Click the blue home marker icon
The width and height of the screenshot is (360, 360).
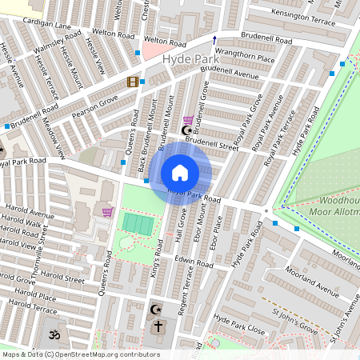pos(180,173)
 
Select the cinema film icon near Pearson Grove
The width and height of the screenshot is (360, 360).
pos(133,82)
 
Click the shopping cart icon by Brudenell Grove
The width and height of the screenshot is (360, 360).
pos(188,119)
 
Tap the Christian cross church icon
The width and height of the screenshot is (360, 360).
pos(158,326)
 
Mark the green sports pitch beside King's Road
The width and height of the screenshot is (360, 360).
pos(138,223)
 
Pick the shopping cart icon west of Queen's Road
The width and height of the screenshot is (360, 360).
pos(107,211)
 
